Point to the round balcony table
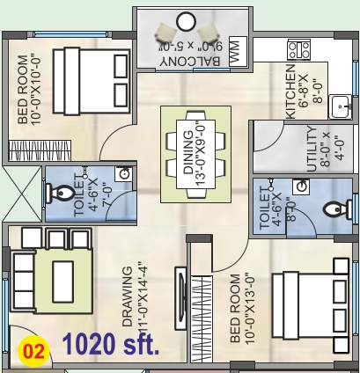(x=186, y=20)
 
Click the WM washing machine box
(x=234, y=54)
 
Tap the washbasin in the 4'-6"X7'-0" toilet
(x=125, y=174)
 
